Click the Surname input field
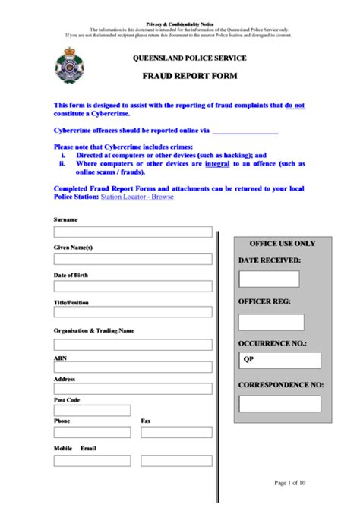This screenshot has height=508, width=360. point(133,232)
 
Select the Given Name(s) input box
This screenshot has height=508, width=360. point(133,259)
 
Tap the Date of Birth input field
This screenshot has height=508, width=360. point(133,286)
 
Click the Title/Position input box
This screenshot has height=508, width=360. point(133,312)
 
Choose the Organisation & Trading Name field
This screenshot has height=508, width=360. point(133,344)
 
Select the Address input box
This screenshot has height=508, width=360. point(133,389)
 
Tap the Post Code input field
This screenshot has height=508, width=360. point(92,411)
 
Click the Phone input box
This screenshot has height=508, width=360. point(92,433)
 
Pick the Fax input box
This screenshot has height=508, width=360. point(176,433)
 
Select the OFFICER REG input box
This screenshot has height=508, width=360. point(271,322)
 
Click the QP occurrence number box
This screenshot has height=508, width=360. point(279,361)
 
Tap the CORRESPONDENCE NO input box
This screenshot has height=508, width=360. point(279,403)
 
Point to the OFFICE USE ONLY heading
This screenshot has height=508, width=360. point(282,244)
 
